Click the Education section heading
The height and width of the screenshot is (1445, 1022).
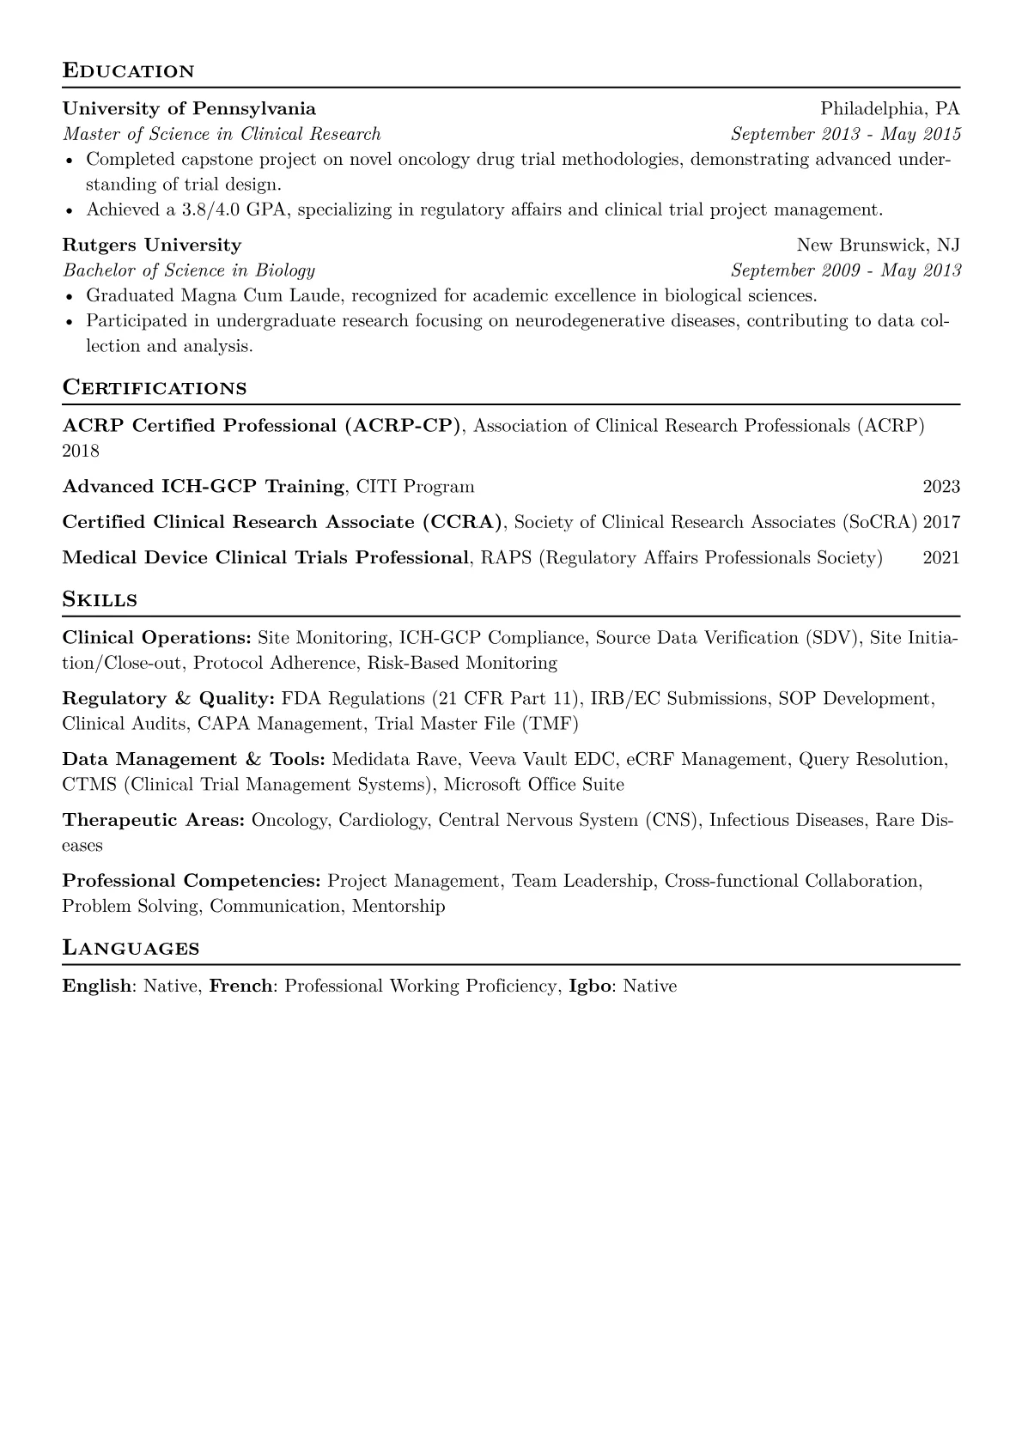click(x=128, y=70)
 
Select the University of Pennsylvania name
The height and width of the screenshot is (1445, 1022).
click(x=189, y=109)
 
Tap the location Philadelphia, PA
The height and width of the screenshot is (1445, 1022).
click(x=890, y=109)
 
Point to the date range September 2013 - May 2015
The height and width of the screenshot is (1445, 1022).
click(x=845, y=134)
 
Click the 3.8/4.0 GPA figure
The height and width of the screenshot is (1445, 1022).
click(x=225, y=209)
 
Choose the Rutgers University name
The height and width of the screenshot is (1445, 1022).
click(x=152, y=246)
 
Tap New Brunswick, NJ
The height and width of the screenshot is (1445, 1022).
click(x=878, y=246)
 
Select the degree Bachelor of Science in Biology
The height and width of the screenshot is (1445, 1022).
click(x=189, y=270)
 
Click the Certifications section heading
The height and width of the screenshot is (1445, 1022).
click(x=155, y=387)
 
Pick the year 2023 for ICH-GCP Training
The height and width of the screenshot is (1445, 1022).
click(x=941, y=487)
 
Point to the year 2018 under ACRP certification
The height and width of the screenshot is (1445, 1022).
click(x=81, y=451)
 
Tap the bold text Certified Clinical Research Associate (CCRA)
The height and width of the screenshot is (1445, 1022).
click(x=282, y=522)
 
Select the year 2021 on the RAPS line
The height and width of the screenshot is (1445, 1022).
click(x=941, y=558)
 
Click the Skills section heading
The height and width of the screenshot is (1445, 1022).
click(x=100, y=599)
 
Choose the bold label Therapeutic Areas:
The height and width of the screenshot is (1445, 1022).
click(x=154, y=820)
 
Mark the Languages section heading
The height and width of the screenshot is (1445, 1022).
click(x=131, y=948)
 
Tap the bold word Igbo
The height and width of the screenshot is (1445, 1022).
click(x=590, y=986)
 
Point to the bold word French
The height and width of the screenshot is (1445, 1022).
click(x=241, y=986)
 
